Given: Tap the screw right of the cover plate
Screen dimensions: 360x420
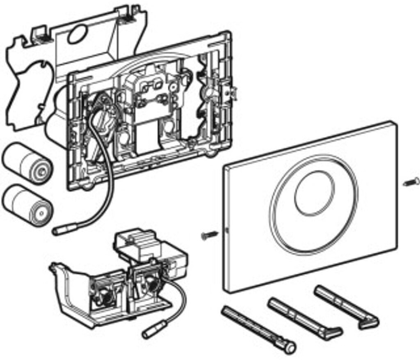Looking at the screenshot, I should click(411, 182).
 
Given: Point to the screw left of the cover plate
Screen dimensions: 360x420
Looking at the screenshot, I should click(210, 235).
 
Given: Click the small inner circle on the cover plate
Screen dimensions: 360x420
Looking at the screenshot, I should click(315, 193).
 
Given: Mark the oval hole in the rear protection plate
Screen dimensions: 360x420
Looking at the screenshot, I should click(77, 34).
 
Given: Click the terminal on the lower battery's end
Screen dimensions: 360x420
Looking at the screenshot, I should click(42, 212).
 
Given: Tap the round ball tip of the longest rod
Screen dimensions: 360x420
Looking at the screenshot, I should click(290, 348).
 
